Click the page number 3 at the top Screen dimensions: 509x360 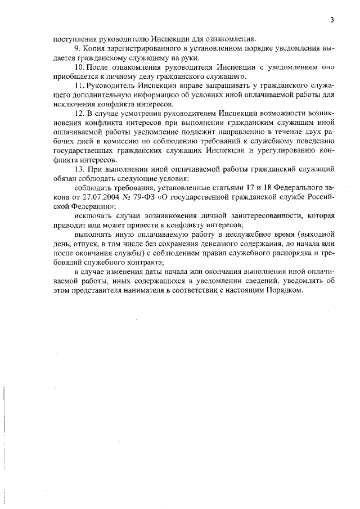[x=332, y=21]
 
